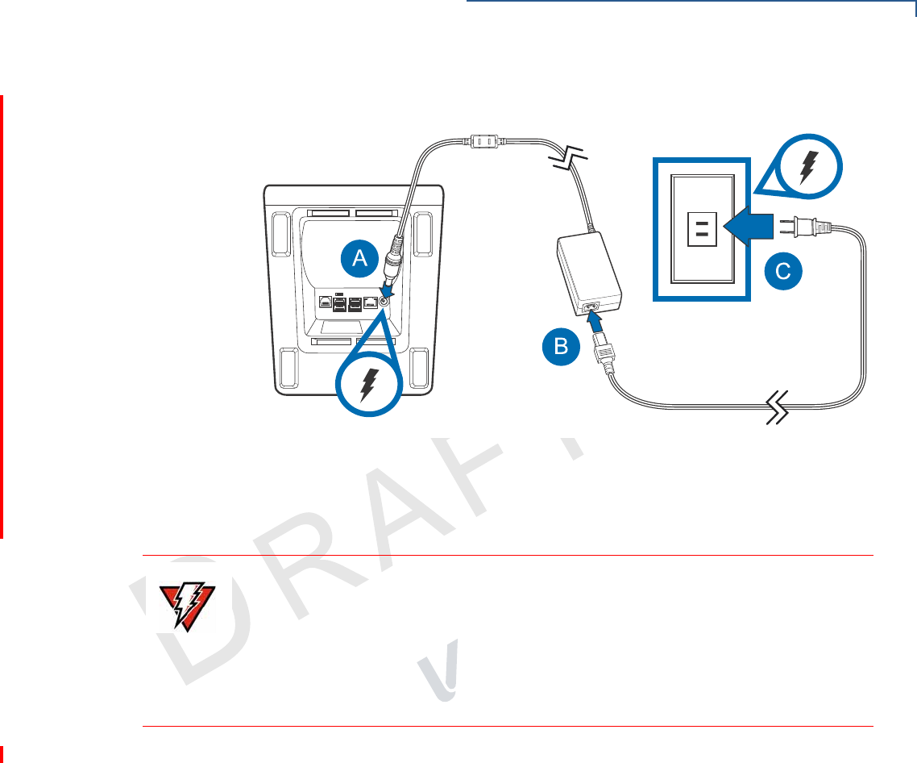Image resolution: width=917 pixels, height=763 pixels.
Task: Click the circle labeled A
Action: click(360, 257)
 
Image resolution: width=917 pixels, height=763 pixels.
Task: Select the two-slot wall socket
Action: click(701, 227)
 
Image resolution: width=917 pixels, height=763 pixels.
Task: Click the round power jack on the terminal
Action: click(384, 300)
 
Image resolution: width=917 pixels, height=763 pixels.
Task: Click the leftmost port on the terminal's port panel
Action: click(324, 302)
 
